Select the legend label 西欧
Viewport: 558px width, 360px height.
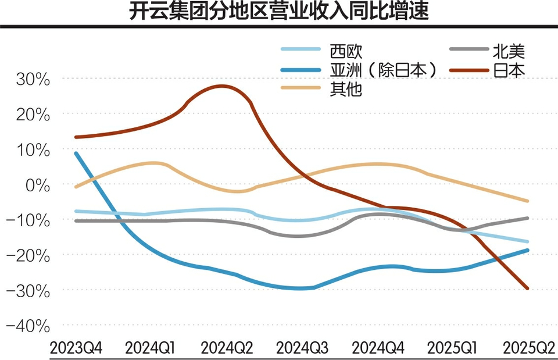click(x=345, y=51)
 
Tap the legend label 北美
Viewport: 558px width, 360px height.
click(x=509, y=51)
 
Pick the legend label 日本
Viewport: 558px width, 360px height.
click(x=509, y=70)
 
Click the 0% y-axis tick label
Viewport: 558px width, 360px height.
click(x=37, y=185)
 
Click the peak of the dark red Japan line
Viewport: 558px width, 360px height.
click(x=222, y=86)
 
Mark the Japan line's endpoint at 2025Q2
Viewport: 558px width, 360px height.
click(x=528, y=288)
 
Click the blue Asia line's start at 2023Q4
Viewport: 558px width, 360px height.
click(x=76, y=153)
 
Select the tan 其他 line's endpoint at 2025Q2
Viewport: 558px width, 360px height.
click(x=528, y=201)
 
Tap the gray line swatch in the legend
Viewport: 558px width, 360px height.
click(x=468, y=51)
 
